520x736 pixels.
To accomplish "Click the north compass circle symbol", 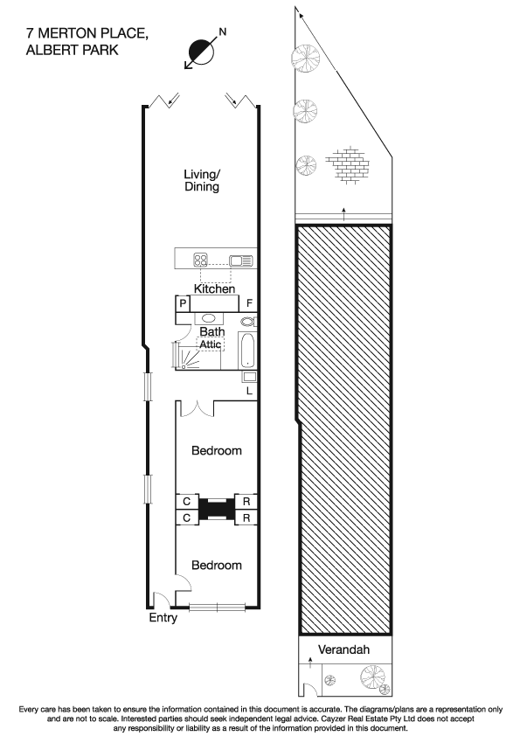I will pos(202,50).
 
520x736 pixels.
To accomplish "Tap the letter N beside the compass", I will pos(222,31).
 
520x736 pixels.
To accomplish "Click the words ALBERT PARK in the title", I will pos(72,51).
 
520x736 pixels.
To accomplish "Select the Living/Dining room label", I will pos(201,180).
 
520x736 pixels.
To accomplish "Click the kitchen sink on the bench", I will pos(239,260).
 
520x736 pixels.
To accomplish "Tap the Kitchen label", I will pos(214,288).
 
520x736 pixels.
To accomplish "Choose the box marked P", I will pos(184,303).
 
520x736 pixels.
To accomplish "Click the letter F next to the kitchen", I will pos(249,303).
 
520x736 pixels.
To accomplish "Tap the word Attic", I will pos(211,345).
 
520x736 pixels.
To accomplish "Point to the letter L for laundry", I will pos(249,391).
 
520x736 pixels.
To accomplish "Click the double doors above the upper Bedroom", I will pos(201,408).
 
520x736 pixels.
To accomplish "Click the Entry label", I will pos(163,618).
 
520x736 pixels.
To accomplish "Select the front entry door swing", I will pos(160,601).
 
